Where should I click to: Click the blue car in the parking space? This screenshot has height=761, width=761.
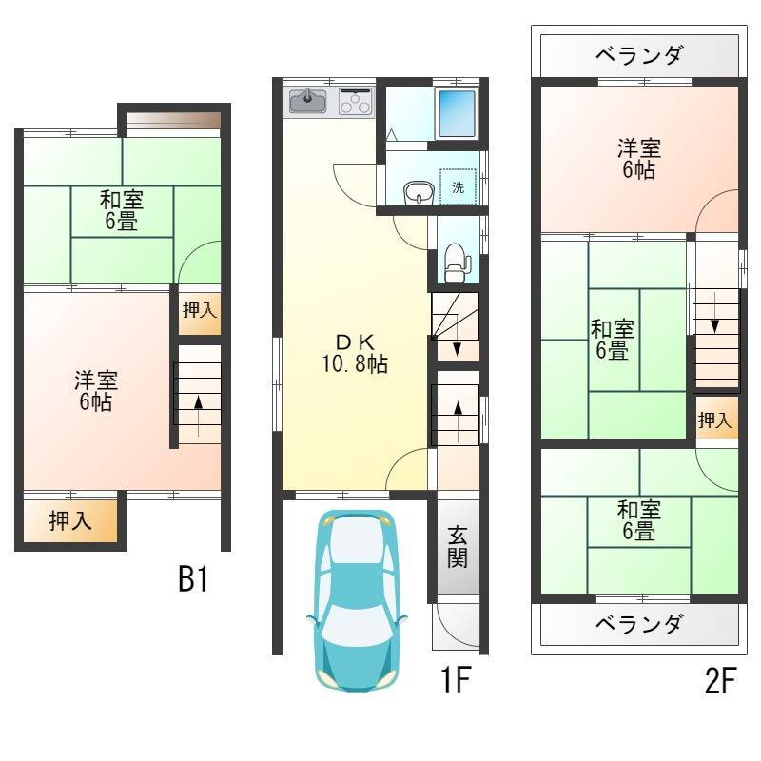click(357, 600)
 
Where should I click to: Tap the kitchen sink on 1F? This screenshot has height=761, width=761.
click(308, 101)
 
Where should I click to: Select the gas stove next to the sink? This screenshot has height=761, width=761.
click(356, 101)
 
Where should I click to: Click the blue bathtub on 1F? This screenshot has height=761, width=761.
click(457, 113)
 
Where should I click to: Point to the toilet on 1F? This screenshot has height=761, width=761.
click(456, 263)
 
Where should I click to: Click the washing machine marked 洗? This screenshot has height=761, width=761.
click(458, 186)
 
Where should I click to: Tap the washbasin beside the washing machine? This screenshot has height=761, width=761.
click(419, 193)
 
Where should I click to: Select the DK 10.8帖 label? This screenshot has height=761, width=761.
click(355, 353)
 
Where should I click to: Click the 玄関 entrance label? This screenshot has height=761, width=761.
click(458, 547)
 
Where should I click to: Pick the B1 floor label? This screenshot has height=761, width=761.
click(194, 579)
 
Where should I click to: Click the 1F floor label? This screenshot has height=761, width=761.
click(457, 679)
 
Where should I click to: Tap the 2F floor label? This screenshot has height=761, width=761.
click(721, 680)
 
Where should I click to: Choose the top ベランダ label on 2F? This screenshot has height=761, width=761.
click(639, 55)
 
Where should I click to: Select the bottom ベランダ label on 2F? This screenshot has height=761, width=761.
click(639, 624)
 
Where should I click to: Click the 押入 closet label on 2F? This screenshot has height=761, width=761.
click(715, 420)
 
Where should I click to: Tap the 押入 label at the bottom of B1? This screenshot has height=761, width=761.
click(70, 520)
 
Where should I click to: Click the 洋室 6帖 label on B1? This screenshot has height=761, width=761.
click(96, 391)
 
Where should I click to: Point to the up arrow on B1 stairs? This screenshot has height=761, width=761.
click(198, 418)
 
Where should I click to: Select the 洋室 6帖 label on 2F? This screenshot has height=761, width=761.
click(639, 159)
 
